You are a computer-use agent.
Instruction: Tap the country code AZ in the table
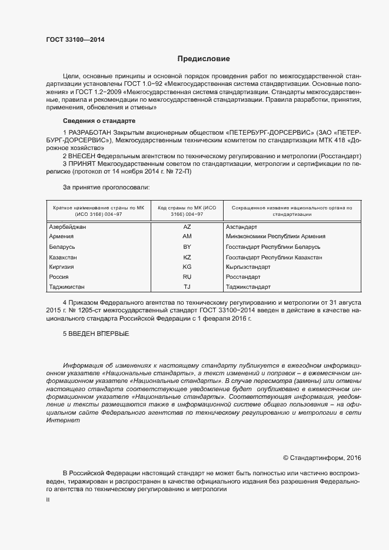tap(187, 226)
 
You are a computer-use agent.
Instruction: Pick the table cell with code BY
tap(187, 246)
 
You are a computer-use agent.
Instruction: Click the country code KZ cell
tap(187, 257)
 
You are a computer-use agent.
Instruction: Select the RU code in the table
tap(187, 276)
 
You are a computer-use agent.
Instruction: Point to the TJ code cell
tap(187, 287)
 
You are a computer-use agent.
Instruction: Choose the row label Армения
tap(62, 236)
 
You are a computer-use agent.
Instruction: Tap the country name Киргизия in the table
tap(63, 267)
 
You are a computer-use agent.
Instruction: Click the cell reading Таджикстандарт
tap(248, 287)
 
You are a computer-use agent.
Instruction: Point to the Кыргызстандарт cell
tap(247, 267)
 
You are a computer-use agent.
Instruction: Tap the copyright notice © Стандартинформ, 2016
tap(322, 457)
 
